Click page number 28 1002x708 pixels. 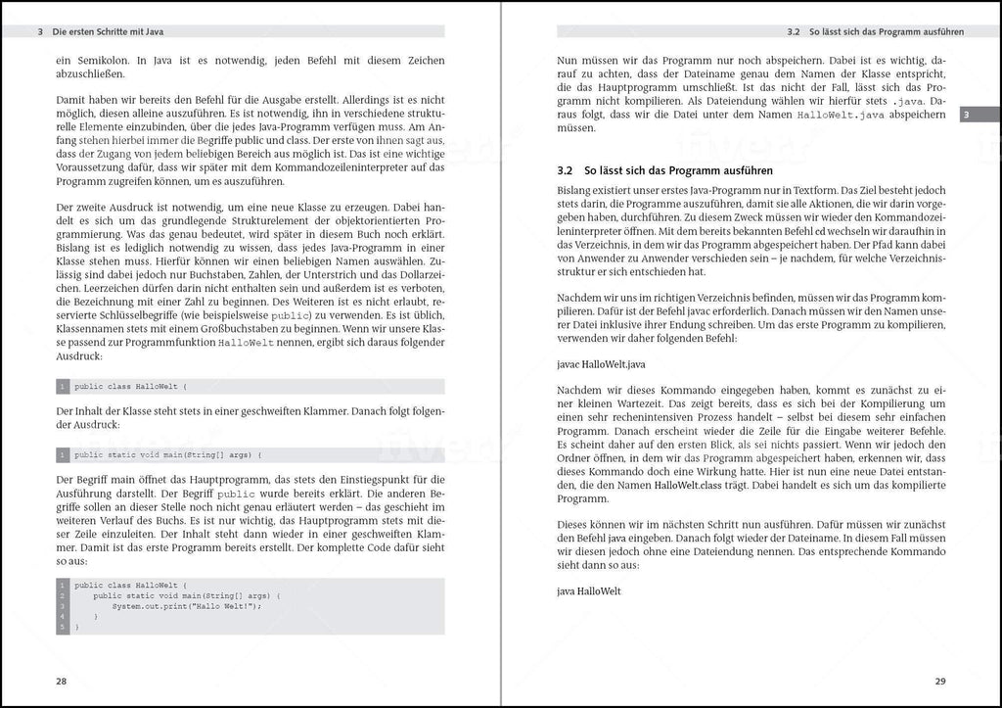(61, 682)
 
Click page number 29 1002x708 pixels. (940, 682)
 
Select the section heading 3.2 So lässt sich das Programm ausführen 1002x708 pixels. (664, 170)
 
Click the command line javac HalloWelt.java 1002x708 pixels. (601, 363)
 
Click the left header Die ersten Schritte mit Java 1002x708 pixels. (108, 31)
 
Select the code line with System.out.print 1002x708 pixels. (186, 606)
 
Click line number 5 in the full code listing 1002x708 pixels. (62, 627)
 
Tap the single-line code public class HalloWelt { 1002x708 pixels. (129, 387)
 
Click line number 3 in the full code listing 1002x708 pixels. (62, 606)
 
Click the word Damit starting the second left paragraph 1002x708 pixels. (72, 99)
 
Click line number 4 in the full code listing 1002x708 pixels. (62, 617)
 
